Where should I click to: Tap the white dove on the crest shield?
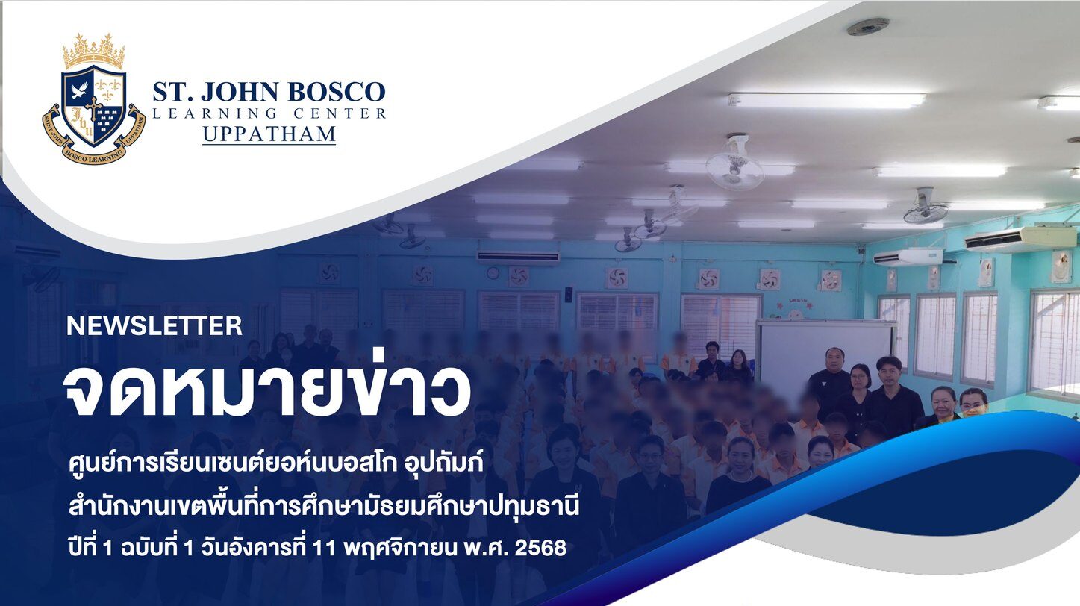pos(79,90)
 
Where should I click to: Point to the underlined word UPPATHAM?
pos(269,134)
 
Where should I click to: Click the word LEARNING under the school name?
pos(214,113)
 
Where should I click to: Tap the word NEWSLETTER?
pos(154,326)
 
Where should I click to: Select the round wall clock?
pos(493,273)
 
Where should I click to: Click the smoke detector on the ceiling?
pos(868,26)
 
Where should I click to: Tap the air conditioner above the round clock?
pos(518,257)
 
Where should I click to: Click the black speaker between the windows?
pos(569,295)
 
